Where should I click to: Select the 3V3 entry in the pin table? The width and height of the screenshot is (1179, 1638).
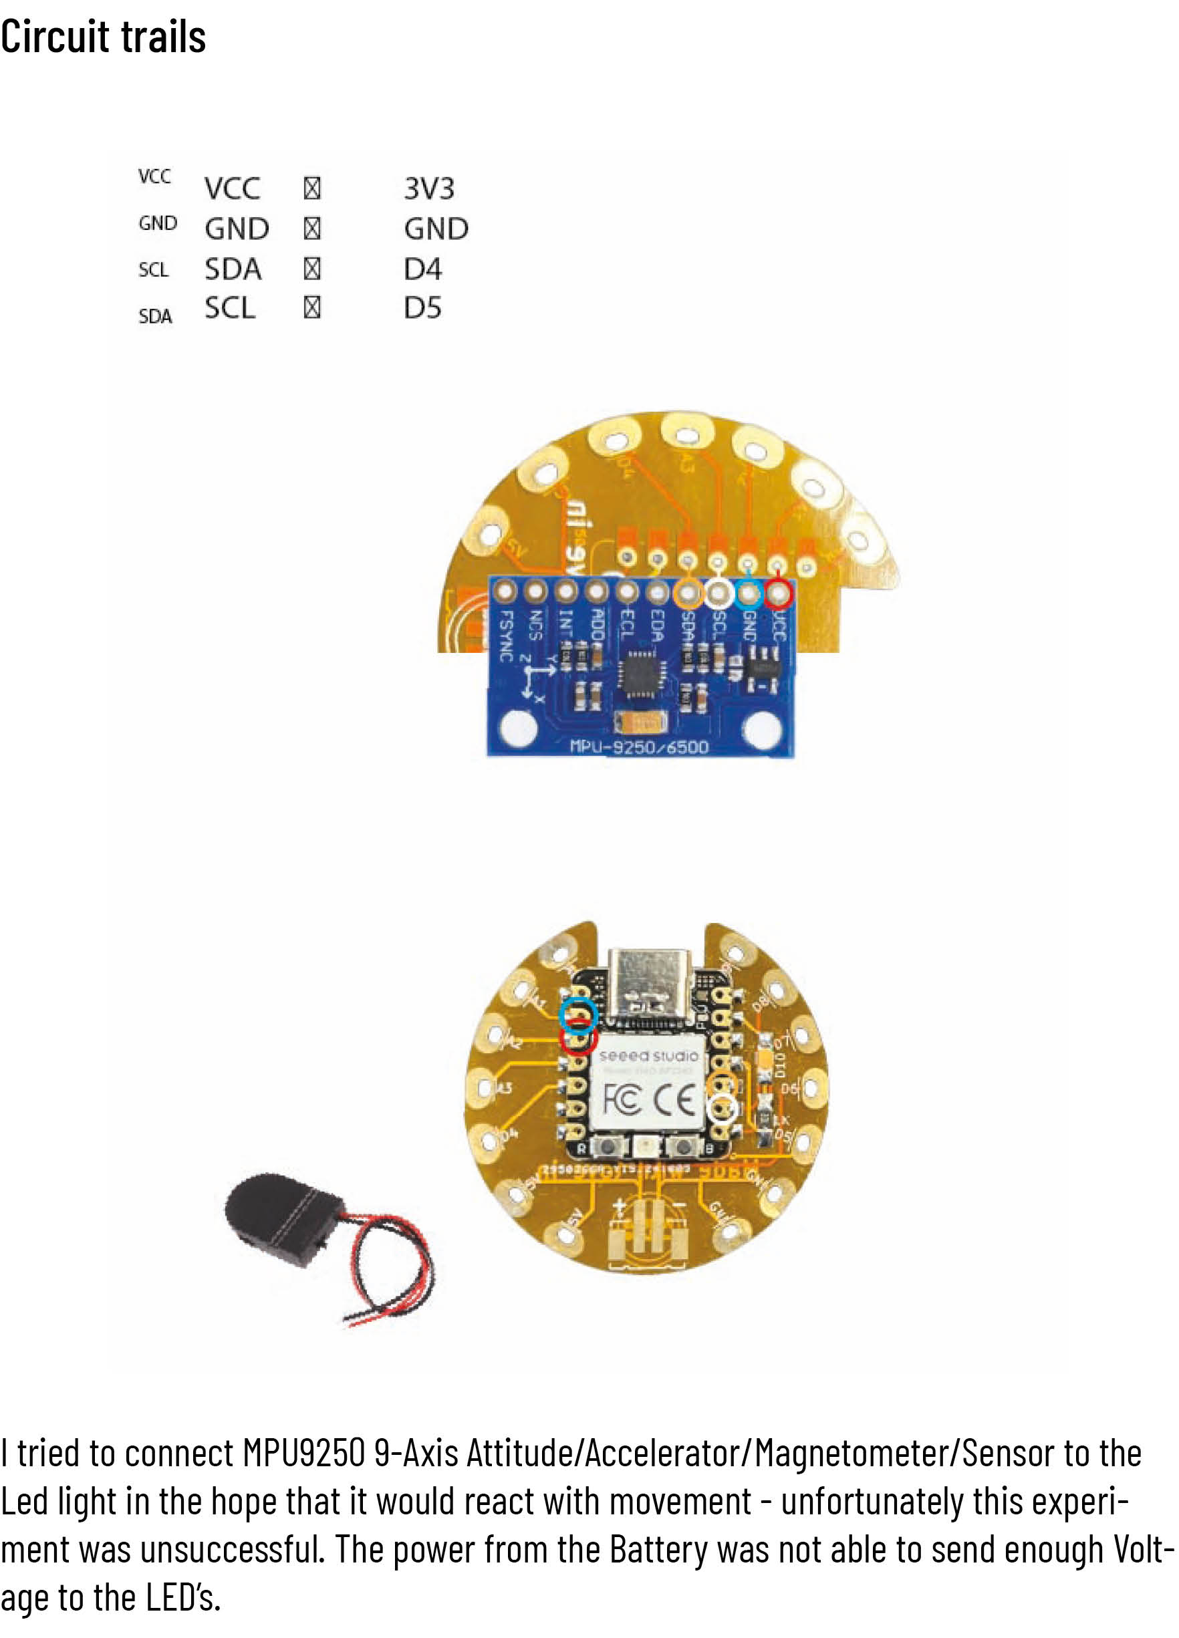429,188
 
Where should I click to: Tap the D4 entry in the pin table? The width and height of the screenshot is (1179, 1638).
422,269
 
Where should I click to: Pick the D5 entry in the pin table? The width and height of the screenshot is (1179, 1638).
422,307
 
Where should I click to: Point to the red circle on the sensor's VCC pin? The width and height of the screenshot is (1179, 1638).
778,593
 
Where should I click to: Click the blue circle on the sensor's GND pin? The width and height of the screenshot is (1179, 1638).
749,593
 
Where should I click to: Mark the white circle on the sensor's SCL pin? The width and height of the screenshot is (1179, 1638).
718,593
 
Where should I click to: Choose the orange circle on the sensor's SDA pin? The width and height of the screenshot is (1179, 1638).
688,593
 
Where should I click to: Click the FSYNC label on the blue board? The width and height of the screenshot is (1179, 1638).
507,636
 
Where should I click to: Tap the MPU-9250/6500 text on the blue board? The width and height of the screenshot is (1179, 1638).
640,746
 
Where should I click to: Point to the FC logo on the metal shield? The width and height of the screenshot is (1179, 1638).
622,1101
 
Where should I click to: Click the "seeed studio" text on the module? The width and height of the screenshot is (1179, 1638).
648,1056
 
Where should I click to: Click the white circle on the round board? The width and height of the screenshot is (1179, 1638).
722,1109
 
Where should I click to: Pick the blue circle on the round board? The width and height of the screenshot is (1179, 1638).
580,1014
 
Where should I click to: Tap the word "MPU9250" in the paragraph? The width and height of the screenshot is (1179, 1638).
303,1453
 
